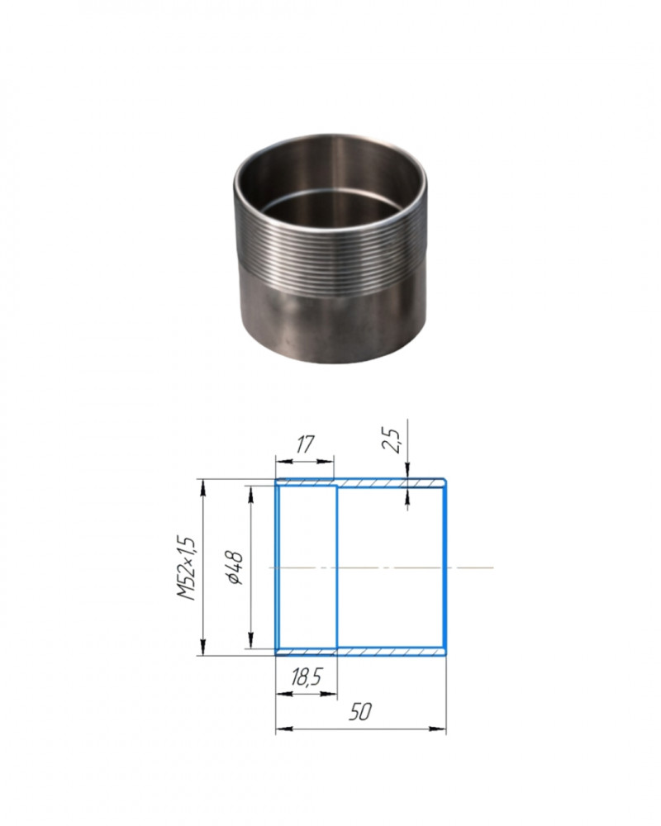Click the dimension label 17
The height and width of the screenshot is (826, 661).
(303, 445)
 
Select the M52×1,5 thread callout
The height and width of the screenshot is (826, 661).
(186, 568)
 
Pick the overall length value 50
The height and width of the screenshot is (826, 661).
(360, 712)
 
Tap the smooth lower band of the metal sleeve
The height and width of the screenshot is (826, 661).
(331, 324)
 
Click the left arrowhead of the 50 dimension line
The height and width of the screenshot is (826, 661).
(283, 729)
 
